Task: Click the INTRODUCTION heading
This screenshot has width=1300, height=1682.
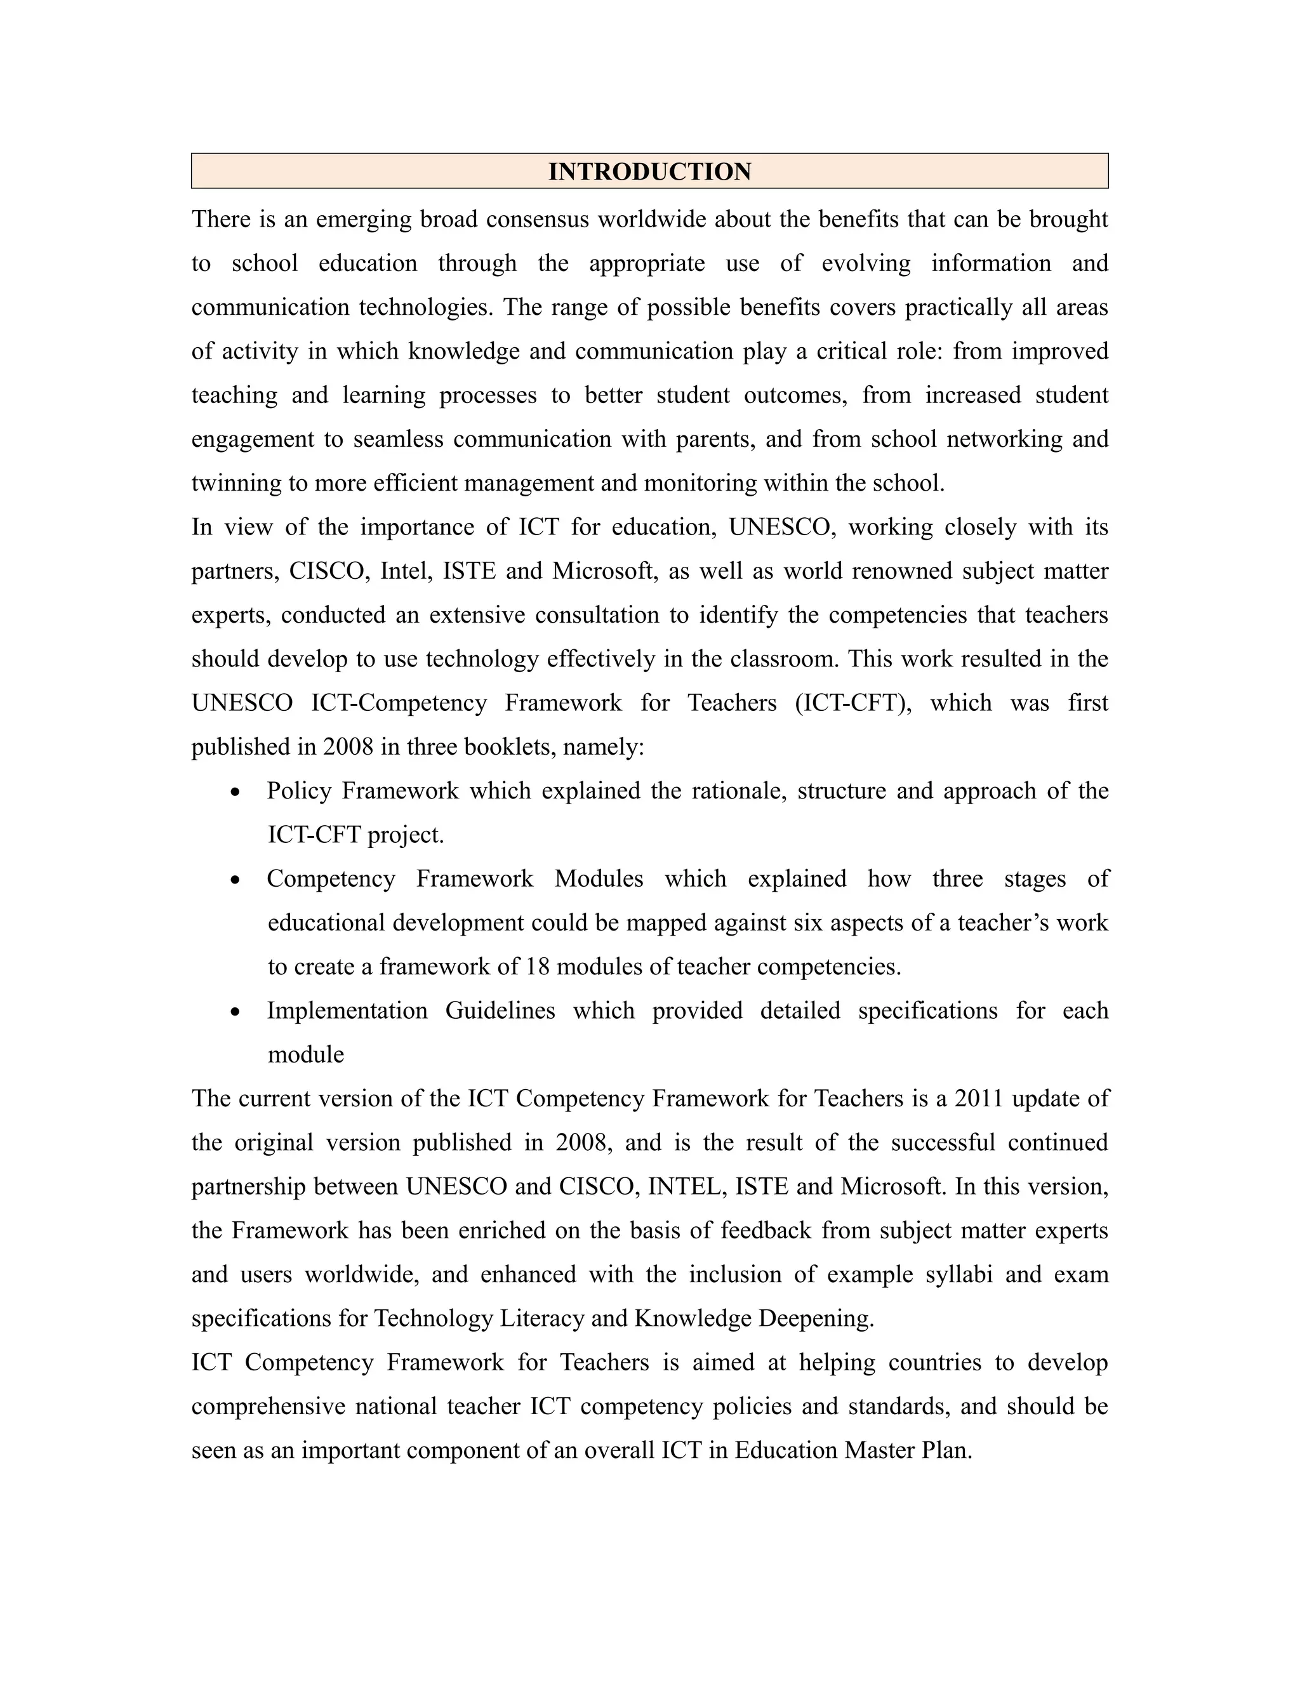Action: coord(649,171)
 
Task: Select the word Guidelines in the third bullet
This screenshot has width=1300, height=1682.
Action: coord(500,1010)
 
